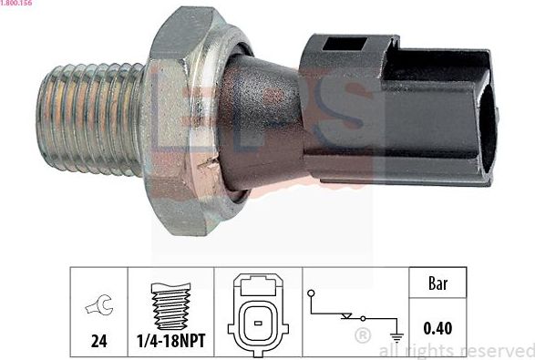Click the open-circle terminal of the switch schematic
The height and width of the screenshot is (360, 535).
312,293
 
